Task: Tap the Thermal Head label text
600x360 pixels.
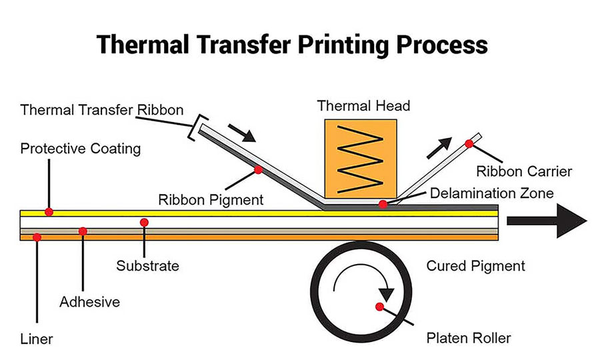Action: click(x=363, y=105)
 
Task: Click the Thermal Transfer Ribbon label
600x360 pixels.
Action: click(x=101, y=110)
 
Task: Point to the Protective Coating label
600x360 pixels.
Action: click(x=81, y=148)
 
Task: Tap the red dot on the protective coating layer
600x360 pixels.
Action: click(x=49, y=212)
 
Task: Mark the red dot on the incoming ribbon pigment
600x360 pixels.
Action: click(x=258, y=170)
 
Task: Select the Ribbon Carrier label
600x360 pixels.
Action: click(x=524, y=171)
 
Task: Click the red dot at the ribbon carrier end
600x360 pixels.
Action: click(x=469, y=143)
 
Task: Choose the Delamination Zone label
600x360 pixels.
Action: click(x=492, y=193)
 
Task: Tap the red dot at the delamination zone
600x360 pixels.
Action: click(x=383, y=203)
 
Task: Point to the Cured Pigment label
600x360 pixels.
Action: click(x=475, y=266)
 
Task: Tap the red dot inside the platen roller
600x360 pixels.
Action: click(x=379, y=307)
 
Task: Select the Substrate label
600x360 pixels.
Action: click(x=147, y=266)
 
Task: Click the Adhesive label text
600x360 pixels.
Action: click(x=90, y=302)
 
